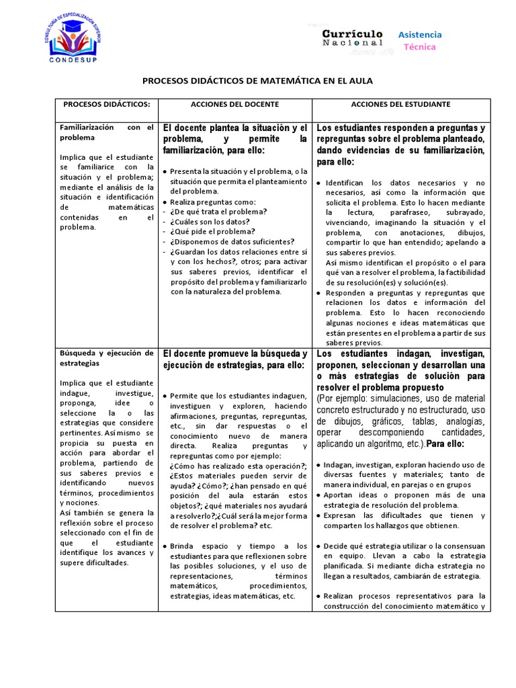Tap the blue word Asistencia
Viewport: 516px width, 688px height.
420,34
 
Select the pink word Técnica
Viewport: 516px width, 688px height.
419,47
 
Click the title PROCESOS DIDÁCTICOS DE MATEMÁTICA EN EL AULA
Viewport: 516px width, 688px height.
257,81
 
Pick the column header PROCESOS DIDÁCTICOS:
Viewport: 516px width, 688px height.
106,105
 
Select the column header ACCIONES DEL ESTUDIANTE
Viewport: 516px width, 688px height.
400,105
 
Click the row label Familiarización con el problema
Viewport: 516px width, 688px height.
107,132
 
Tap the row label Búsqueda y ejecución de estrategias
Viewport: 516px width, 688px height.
107,357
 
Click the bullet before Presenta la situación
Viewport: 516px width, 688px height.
165,171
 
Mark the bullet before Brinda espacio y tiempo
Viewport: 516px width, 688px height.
165,546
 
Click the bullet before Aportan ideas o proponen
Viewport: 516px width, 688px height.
318,495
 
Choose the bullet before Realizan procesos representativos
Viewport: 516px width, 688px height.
318,596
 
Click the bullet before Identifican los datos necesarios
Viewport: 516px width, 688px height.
318,183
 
